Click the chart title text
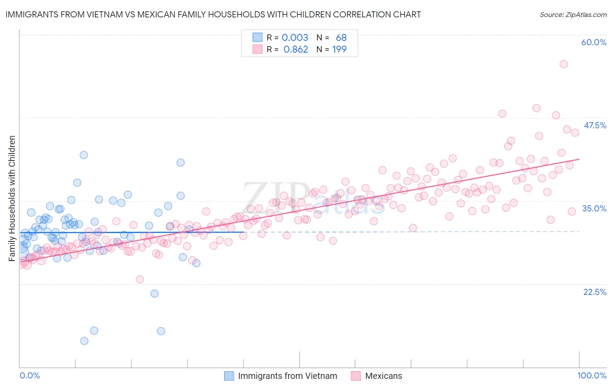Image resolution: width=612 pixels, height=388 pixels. pyautogui.click(x=212, y=14)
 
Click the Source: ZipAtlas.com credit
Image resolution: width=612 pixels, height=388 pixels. pyautogui.click(x=573, y=14)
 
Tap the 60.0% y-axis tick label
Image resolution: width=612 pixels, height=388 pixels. pyautogui.click(x=594, y=42)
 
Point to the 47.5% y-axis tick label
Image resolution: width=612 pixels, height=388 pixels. pyautogui.click(x=595, y=125)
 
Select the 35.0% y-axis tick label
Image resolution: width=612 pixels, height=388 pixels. pyautogui.click(x=594, y=208)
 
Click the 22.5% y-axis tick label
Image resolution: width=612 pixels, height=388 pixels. pyautogui.click(x=595, y=292)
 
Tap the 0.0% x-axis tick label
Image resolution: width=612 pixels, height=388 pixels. pyautogui.click(x=30, y=375)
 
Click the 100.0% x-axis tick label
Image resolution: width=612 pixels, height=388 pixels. pyautogui.click(x=592, y=375)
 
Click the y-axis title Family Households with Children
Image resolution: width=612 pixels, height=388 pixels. pyautogui.click(x=12, y=198)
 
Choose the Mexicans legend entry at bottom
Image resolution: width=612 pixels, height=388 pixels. pyautogui.click(x=383, y=376)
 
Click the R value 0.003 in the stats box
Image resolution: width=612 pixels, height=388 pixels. pyautogui.click(x=295, y=37)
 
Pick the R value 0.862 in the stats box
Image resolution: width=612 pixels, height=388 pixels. pyautogui.click(x=296, y=49)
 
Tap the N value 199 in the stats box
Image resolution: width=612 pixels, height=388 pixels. pyautogui.click(x=340, y=49)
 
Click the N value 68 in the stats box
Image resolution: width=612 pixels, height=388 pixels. pyautogui.click(x=341, y=37)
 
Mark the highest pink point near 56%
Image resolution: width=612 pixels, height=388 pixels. pyautogui.click(x=563, y=64)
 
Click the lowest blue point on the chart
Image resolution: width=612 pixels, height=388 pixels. pyautogui.click(x=84, y=341)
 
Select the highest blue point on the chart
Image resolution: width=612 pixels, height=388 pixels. pyautogui.click(x=84, y=155)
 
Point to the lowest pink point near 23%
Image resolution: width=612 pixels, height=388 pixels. pyautogui.click(x=140, y=279)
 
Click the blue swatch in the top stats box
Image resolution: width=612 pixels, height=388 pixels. pyautogui.click(x=258, y=37)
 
